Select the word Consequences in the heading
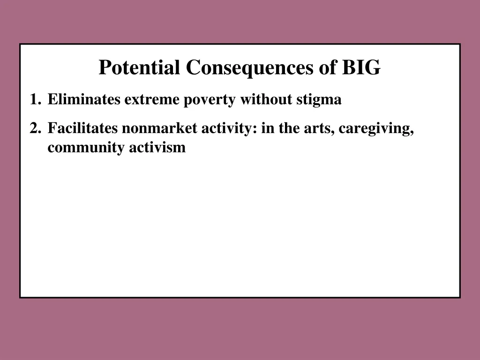[250, 68]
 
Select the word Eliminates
[84, 100]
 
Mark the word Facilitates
[83, 128]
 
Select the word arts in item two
[317, 128]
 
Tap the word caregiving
[376, 128]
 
